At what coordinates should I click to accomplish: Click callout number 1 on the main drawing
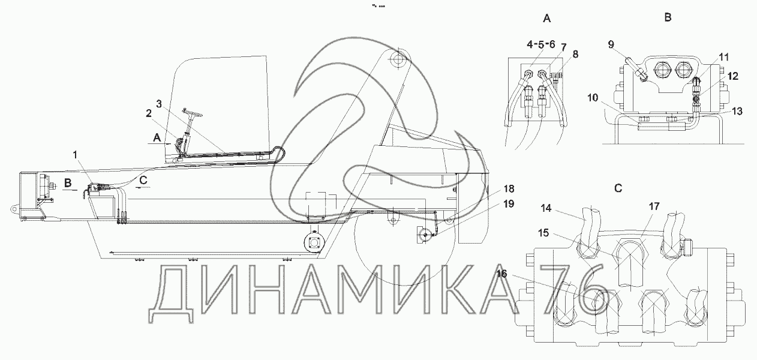(74, 155)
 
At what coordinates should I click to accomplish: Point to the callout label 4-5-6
(542, 44)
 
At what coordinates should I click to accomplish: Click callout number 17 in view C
(654, 206)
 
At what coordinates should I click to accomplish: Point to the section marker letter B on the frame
(68, 182)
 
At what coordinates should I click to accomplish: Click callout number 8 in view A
(575, 54)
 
